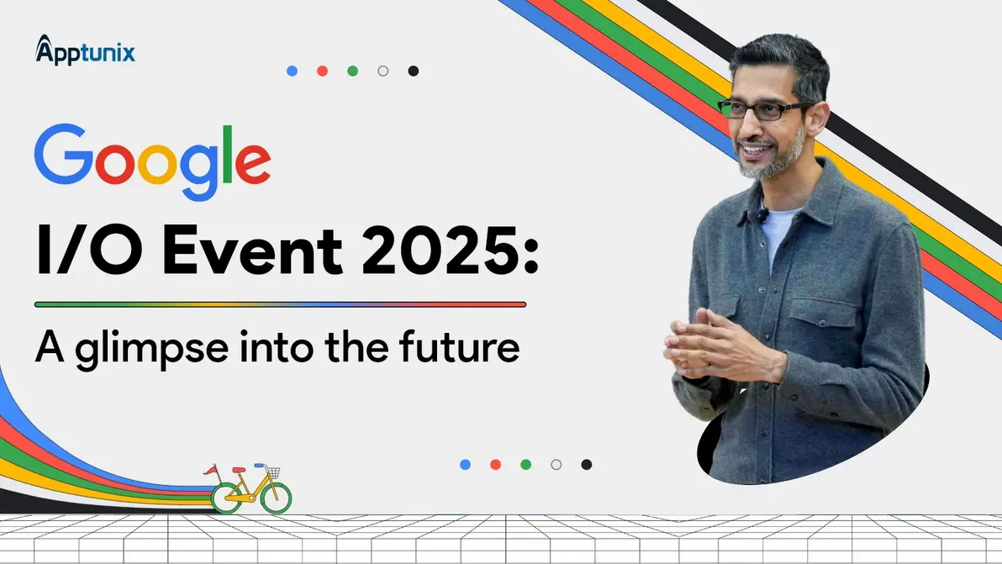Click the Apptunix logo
pos(85,50)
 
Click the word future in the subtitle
pos(459,346)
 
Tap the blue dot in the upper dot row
pos(292,71)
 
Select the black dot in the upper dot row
pos(414,71)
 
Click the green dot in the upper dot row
pos(353,71)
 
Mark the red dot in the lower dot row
pos(495,464)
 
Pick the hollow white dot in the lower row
pos(556,464)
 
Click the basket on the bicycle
pos(273,472)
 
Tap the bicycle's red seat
pos(239,470)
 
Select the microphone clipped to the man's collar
pos(762,213)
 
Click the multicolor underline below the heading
pos(281,304)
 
